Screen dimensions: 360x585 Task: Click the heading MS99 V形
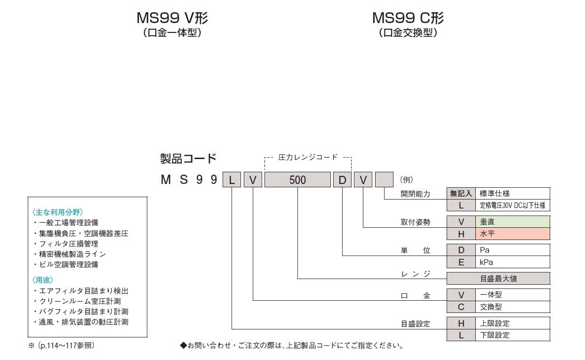click(x=172, y=18)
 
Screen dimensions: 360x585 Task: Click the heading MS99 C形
click(x=408, y=18)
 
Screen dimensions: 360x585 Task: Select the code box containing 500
click(x=297, y=180)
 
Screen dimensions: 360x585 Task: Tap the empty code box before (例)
click(x=384, y=180)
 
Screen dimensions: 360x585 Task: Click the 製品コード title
click(x=188, y=158)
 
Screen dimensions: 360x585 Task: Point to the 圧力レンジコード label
click(x=308, y=157)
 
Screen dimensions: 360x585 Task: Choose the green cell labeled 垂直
click(x=513, y=222)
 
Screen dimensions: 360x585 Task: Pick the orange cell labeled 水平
click(x=513, y=233)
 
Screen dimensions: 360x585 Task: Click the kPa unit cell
click(x=513, y=262)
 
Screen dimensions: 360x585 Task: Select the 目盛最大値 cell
click(x=498, y=279)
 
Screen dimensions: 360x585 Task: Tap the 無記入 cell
click(x=461, y=193)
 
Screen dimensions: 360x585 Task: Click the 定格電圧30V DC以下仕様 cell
click(x=513, y=205)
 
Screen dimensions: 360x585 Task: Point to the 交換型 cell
click(x=513, y=307)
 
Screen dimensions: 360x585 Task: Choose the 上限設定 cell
click(x=513, y=323)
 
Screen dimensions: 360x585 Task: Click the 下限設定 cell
click(x=513, y=335)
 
